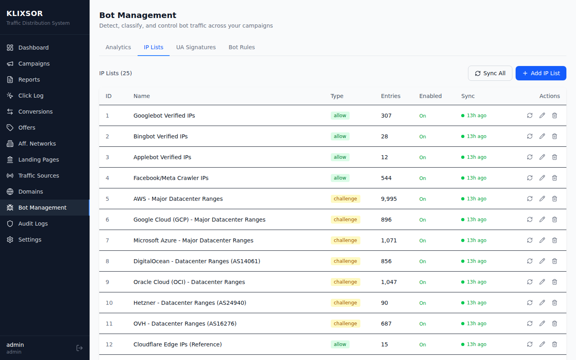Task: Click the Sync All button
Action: (490, 73)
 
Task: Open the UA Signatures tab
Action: (196, 47)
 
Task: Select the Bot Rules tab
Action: (242, 47)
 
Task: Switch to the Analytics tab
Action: (118, 47)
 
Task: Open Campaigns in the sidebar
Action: (34, 64)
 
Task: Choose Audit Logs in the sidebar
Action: (33, 224)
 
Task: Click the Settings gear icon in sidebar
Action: (10, 240)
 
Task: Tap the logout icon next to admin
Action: (80, 348)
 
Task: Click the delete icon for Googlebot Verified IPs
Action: (554, 116)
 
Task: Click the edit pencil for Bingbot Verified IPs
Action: (542, 136)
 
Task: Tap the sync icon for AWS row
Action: (530, 199)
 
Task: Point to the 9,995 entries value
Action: (389, 199)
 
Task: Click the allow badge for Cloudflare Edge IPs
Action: (340, 344)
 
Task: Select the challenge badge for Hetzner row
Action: (345, 303)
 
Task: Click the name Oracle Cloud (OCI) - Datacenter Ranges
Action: (189, 282)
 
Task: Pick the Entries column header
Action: (390, 96)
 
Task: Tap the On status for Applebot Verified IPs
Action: (422, 158)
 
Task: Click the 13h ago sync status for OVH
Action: (476, 324)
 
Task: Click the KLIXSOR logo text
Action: (24, 14)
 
